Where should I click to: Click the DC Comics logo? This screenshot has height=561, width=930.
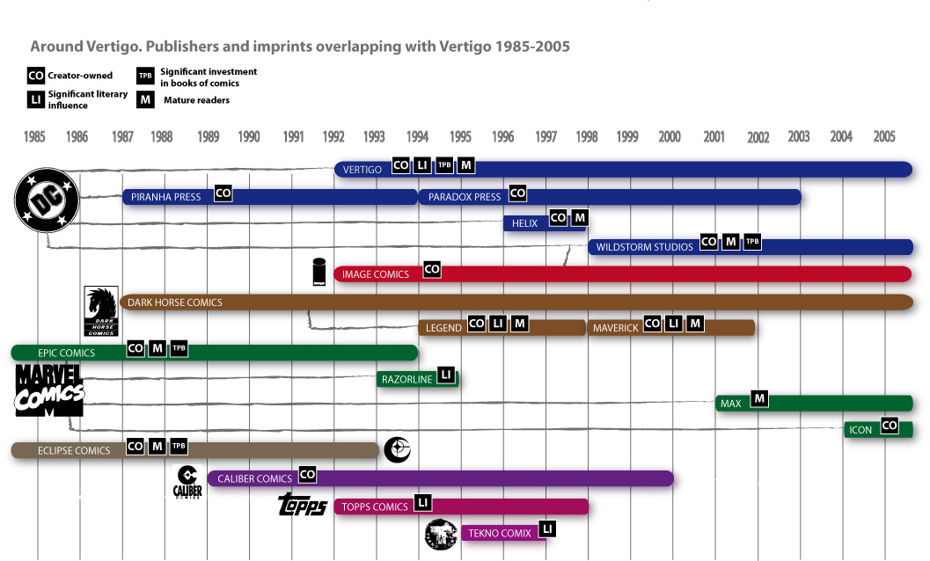click(47, 200)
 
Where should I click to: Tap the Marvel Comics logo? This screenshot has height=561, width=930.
click(49, 390)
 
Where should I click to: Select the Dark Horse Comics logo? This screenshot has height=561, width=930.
click(100, 311)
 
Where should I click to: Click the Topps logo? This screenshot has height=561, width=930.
click(303, 505)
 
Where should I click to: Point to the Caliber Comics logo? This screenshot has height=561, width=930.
click(187, 481)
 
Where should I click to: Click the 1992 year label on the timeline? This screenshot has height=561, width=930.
click(333, 137)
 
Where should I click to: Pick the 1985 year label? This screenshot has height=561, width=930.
click(34, 137)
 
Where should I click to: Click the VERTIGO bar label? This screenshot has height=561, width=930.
click(362, 170)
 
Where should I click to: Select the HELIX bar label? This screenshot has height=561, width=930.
click(524, 223)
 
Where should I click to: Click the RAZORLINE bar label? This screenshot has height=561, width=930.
click(406, 380)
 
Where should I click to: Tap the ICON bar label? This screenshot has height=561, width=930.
click(860, 430)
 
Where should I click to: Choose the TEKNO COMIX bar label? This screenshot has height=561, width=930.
click(500, 533)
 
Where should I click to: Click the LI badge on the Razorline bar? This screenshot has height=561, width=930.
click(445, 375)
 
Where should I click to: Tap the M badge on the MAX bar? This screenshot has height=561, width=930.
click(759, 399)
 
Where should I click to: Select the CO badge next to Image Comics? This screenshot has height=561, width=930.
click(431, 270)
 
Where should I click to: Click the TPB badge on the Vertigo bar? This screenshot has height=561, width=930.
click(444, 165)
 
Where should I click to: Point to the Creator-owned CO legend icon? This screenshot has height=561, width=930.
click(36, 76)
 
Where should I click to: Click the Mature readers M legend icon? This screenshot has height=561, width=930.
click(145, 100)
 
